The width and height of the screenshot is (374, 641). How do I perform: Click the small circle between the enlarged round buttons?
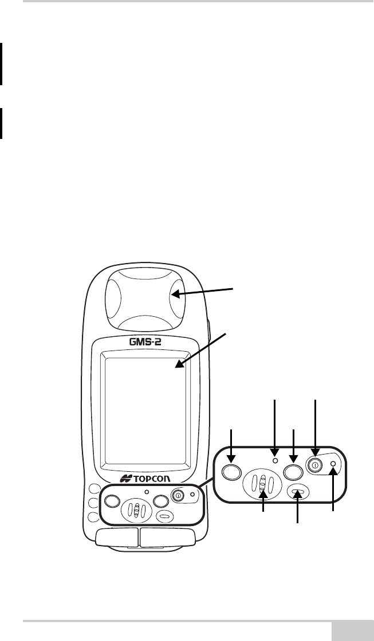point(275,460)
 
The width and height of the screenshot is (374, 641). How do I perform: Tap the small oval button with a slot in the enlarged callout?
point(297,491)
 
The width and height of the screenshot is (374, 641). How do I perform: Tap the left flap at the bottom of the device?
point(117,536)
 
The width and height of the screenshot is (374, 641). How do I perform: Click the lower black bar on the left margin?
point(1,124)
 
